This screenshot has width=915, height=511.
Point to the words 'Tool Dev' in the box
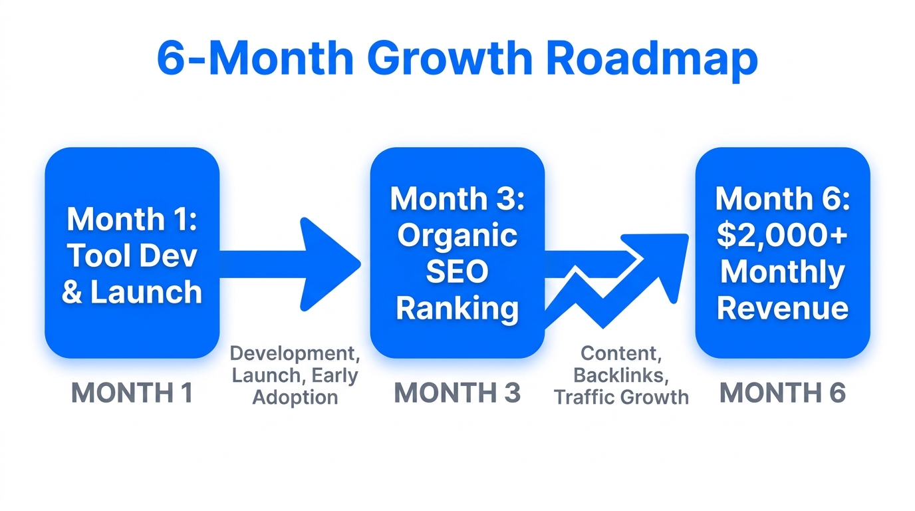tap(132, 256)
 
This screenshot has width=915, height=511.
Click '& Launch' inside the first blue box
tap(132, 292)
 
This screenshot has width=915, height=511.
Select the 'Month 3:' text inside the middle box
tap(457, 199)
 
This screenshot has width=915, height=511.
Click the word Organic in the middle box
tap(457, 236)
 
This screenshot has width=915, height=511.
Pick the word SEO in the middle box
tap(457, 271)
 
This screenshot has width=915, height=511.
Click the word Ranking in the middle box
tap(457, 308)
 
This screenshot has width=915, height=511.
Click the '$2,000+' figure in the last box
tap(782, 236)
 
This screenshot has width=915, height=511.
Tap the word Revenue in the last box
tap(782, 308)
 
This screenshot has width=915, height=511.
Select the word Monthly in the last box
tap(782, 271)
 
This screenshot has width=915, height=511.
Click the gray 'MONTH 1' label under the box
tap(132, 393)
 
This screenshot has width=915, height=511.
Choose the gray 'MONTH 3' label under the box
tap(457, 393)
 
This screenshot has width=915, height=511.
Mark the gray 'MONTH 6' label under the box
tap(782, 393)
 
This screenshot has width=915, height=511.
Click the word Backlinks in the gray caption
tap(620, 375)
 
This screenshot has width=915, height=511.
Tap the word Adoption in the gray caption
tap(295, 398)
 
